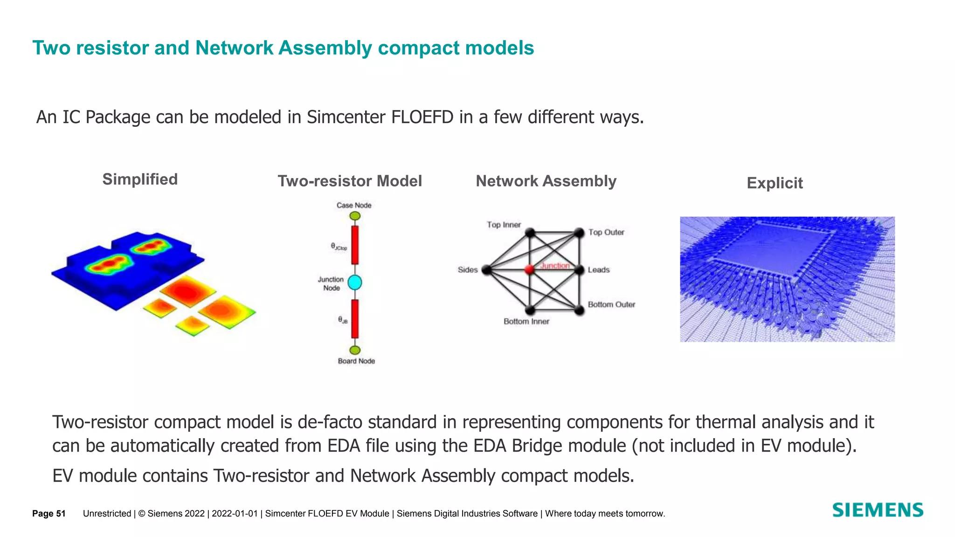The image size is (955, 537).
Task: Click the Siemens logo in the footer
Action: pyautogui.click(x=877, y=510)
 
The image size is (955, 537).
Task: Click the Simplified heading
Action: pyautogui.click(x=140, y=179)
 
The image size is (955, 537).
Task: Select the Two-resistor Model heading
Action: pyautogui.click(x=350, y=181)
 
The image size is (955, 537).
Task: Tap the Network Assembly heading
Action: pyautogui.click(x=546, y=181)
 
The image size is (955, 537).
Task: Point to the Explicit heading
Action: pyautogui.click(x=775, y=183)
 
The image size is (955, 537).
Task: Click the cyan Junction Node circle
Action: pyautogui.click(x=355, y=282)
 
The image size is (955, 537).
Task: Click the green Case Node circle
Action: pyautogui.click(x=355, y=216)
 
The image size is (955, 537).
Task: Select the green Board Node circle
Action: pyautogui.click(x=355, y=350)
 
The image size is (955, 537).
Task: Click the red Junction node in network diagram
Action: pyautogui.click(x=529, y=269)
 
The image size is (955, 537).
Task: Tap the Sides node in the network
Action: pyautogui.click(x=486, y=269)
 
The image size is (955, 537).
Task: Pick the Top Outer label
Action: pyautogui.click(x=606, y=232)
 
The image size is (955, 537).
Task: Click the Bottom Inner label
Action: pyautogui.click(x=526, y=321)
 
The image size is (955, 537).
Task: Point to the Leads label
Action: pyautogui.click(x=599, y=270)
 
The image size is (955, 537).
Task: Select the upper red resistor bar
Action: pyautogui.click(x=355, y=245)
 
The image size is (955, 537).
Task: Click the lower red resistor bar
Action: pyautogui.click(x=355, y=319)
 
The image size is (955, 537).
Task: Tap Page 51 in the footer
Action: pyautogui.click(x=48, y=514)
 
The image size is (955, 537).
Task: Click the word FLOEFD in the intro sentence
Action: pyautogui.click(x=422, y=117)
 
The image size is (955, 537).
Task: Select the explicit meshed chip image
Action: pyautogui.click(x=787, y=279)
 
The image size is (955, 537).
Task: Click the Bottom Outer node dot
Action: pyautogui.click(x=579, y=310)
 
